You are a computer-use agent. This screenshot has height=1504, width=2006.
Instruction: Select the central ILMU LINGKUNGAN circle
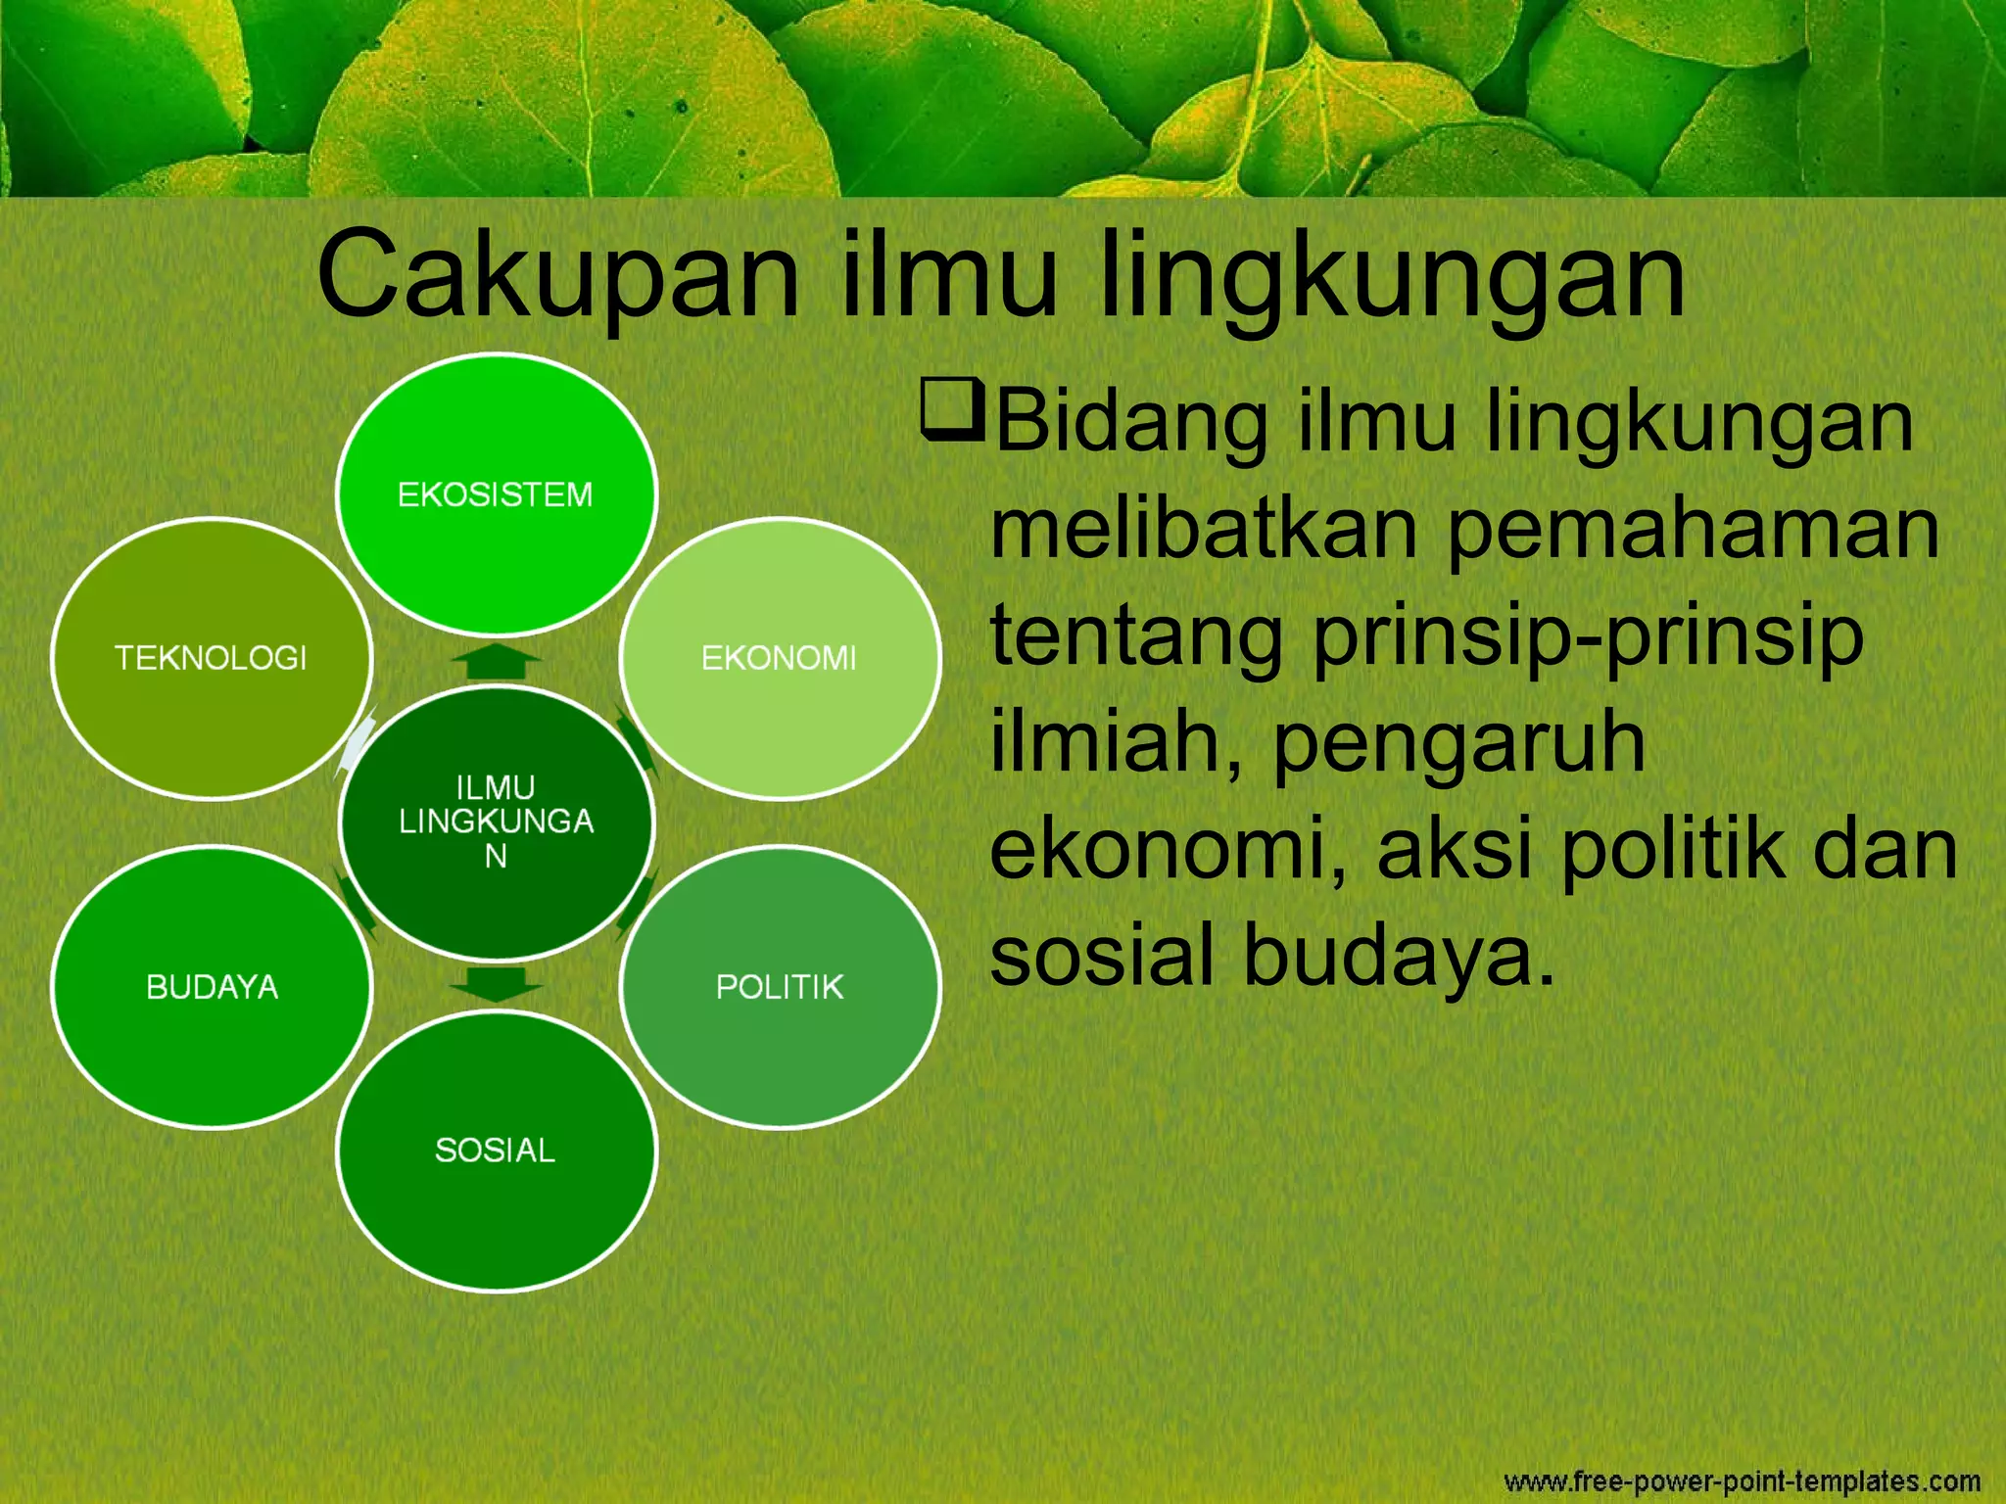496,822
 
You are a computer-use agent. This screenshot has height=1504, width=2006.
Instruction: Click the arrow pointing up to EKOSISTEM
497,661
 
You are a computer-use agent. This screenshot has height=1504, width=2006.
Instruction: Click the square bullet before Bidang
951,409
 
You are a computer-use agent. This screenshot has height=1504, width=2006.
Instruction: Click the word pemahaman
1693,531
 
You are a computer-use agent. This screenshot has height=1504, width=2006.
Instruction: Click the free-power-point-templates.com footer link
1742,1480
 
